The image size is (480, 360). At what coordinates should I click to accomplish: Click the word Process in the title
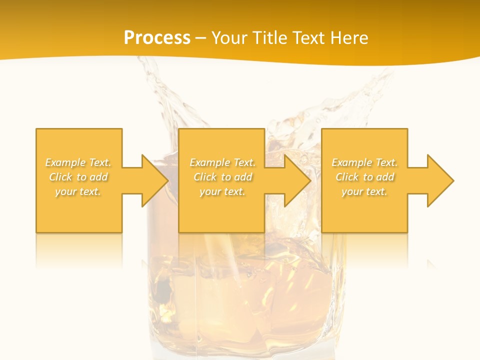[x=157, y=38]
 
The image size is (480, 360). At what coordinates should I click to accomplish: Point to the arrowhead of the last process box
[x=439, y=180]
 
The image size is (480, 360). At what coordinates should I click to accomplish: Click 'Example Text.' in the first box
[x=78, y=162]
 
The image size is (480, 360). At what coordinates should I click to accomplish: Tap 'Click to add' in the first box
[x=78, y=177]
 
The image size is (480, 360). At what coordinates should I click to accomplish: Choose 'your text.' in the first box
[x=78, y=191]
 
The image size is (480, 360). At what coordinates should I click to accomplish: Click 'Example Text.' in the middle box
[x=222, y=162]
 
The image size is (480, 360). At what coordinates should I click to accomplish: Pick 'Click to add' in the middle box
[x=222, y=177]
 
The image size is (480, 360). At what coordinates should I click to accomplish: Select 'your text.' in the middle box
[x=222, y=191]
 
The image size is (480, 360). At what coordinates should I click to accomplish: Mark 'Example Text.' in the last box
[x=364, y=162]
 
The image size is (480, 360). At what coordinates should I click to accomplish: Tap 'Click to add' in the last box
[x=364, y=177]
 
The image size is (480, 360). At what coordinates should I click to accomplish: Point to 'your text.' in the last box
[x=364, y=191]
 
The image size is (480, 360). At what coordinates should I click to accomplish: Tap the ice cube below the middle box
[x=235, y=280]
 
